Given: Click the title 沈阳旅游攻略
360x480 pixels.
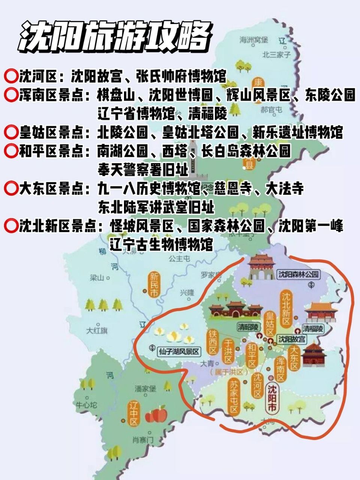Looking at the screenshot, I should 114,36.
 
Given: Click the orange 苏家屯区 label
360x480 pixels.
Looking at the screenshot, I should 234,396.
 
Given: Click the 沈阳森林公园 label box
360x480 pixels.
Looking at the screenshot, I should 299,274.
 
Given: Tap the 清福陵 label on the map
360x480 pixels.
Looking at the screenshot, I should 313,329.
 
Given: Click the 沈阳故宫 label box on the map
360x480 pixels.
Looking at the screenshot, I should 291,339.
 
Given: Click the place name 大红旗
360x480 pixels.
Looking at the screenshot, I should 96,331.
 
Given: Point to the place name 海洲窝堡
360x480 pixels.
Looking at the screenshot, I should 254,40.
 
